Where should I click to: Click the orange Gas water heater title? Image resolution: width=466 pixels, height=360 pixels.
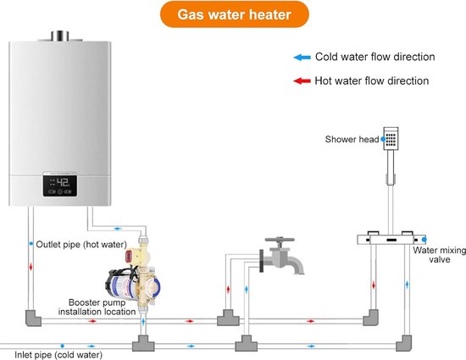click(235, 14)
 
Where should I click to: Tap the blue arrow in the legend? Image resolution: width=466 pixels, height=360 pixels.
click(302, 58)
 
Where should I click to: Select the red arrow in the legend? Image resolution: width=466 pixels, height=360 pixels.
click(302, 80)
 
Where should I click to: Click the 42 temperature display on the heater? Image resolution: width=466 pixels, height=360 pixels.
click(63, 182)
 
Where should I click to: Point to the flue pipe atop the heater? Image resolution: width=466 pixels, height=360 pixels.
click(60, 36)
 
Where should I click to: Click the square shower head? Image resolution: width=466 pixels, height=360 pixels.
click(391, 139)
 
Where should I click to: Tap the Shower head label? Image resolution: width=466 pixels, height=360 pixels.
click(352, 139)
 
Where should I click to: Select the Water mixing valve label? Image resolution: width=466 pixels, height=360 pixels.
click(439, 255)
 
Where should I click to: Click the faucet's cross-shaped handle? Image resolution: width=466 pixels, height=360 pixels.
click(280, 241)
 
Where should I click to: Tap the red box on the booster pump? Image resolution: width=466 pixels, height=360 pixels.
click(130, 256)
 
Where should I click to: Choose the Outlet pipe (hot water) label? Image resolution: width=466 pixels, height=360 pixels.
click(81, 245)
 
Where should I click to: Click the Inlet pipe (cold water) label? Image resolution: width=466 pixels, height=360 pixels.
click(58, 355)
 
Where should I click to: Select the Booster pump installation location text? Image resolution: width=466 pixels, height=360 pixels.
click(97, 307)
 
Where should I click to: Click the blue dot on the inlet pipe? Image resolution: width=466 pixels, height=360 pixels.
click(63, 346)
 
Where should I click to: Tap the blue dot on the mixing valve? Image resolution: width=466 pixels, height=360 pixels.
click(424, 240)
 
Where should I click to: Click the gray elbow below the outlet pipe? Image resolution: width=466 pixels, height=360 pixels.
click(32, 318)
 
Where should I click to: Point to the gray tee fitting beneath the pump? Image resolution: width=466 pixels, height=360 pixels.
click(143, 344)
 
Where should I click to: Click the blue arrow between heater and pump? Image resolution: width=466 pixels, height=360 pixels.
click(118, 229)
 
